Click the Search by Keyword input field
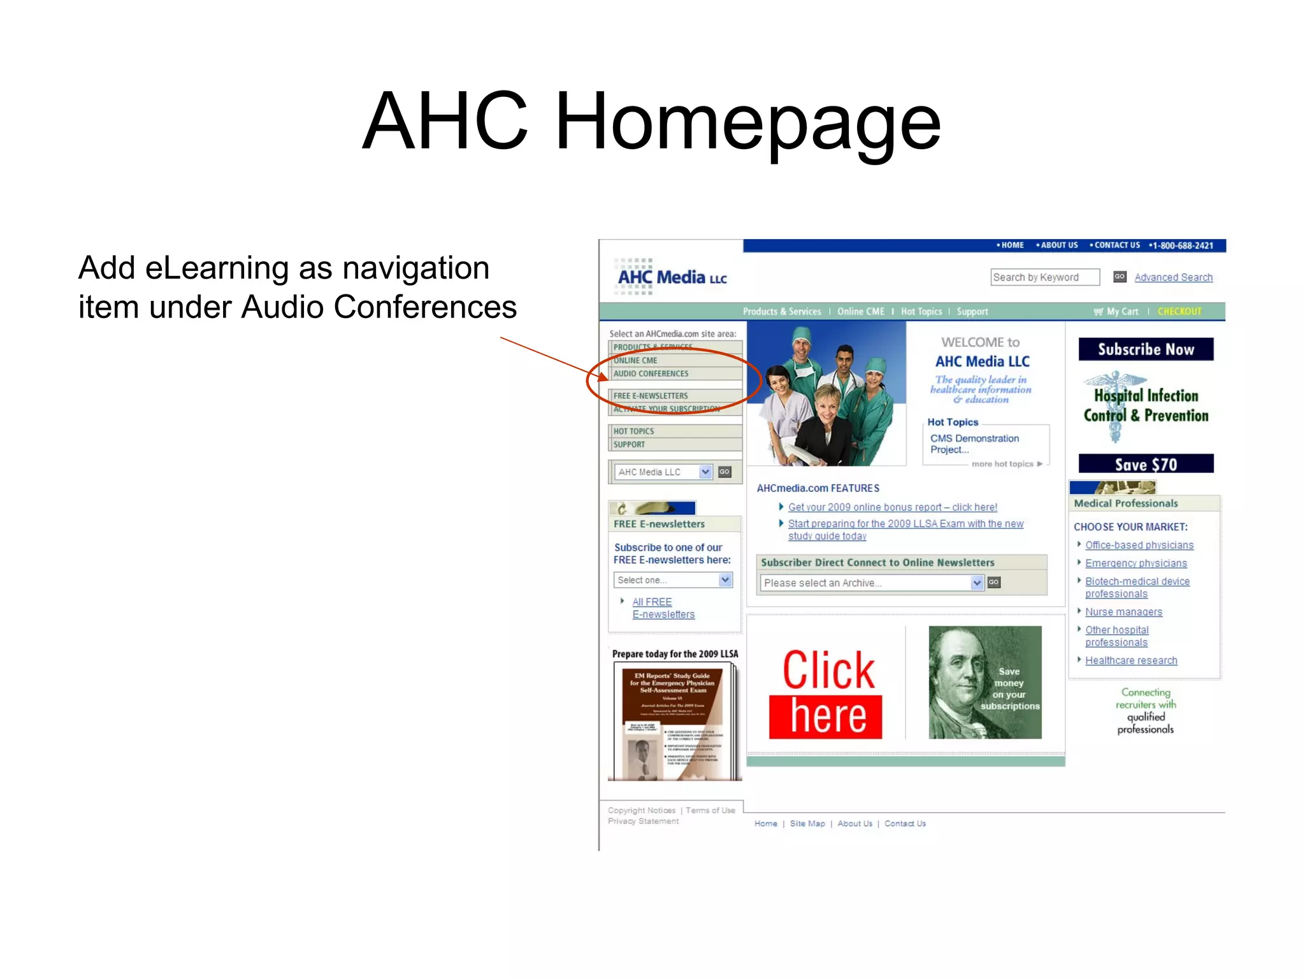[1044, 277]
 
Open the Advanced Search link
[1173, 277]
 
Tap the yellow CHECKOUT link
[1179, 312]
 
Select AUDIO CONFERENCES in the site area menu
[651, 373]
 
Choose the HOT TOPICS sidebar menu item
[634, 431]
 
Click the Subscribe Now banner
[1146, 349]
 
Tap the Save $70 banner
[1146, 464]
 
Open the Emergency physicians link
[1136, 563]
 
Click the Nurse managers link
[1123, 612]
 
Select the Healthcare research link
[1131, 660]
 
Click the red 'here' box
[826, 717]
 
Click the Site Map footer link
[807, 823]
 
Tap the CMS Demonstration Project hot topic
[974, 444]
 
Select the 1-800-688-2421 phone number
[1181, 245]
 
